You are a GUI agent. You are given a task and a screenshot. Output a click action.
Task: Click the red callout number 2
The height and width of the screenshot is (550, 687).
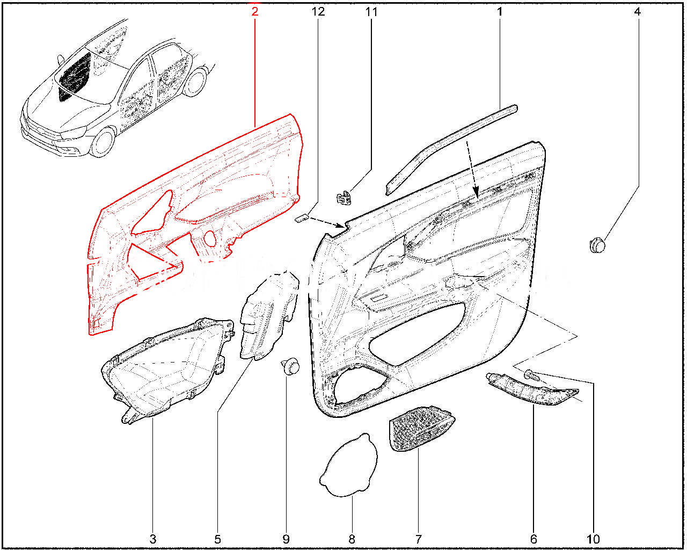pos(255,12)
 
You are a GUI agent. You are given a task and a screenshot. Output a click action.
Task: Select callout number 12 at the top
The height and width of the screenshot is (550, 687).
pos(318,12)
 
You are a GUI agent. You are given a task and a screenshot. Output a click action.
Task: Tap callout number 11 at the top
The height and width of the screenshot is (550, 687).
pos(371,12)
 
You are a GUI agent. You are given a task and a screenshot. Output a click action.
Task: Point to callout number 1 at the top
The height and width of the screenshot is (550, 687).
pos(500,12)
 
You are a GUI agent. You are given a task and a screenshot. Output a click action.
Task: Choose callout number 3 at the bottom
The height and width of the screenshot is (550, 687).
pos(153,539)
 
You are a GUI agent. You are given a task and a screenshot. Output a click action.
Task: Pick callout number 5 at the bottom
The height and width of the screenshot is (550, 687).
pos(217,539)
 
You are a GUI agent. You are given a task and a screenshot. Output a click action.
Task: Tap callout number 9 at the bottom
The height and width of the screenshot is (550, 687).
pos(286,539)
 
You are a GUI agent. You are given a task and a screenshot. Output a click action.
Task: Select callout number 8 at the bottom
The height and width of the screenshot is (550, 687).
pos(352,539)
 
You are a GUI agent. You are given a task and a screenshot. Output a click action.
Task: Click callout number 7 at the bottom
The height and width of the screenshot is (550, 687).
pos(418,539)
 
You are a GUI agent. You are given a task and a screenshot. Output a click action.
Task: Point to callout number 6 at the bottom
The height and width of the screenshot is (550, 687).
pos(533,539)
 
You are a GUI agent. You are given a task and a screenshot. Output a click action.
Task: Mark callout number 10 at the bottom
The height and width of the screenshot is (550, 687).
pos(593,539)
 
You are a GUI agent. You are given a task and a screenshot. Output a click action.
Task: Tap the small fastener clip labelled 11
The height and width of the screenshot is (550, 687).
pos(344,197)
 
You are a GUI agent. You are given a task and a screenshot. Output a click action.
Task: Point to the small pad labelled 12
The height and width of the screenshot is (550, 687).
pos(302,218)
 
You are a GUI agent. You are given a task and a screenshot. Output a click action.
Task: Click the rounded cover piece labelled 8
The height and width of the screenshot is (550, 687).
pos(349,465)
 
